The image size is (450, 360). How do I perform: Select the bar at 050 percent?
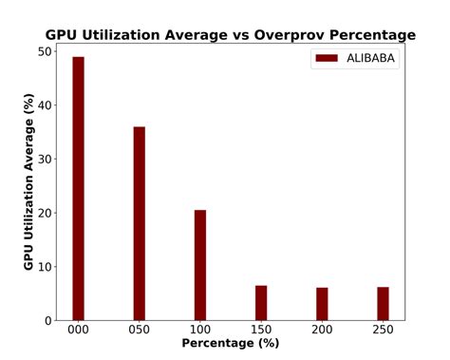[x=139, y=223]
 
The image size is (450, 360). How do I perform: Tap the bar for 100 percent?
[x=200, y=265]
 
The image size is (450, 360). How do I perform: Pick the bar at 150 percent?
[x=261, y=302]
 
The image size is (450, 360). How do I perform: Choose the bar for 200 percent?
[x=322, y=304]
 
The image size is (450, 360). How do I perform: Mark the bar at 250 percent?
[x=383, y=303]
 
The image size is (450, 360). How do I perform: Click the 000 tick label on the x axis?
[x=78, y=329]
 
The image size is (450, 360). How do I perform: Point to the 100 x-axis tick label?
[x=200, y=329]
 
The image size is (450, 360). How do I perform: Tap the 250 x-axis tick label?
[x=383, y=329]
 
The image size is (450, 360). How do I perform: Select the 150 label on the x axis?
[x=261, y=329]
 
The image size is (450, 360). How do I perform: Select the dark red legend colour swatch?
[x=328, y=59]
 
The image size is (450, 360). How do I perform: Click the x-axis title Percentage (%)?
[x=231, y=343]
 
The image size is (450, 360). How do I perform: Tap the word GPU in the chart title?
[x=63, y=35]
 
